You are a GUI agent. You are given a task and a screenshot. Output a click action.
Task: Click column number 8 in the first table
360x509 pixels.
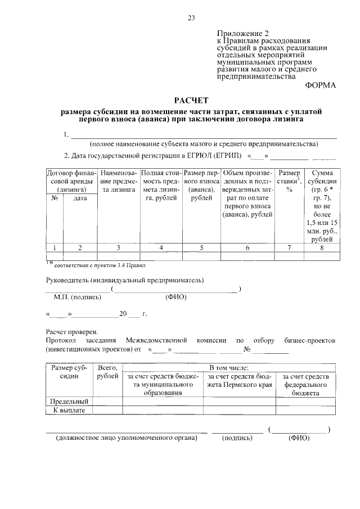pyautogui.click(x=321, y=247)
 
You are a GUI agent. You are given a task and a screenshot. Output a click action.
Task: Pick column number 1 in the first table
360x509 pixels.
pyautogui.click(x=55, y=247)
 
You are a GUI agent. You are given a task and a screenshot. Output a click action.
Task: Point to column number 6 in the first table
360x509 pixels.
pyautogui.click(x=247, y=247)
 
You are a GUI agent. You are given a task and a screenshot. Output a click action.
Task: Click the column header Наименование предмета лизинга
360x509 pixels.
pyautogui.click(x=118, y=182)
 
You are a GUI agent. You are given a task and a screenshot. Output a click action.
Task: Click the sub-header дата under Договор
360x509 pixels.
pyautogui.click(x=80, y=199)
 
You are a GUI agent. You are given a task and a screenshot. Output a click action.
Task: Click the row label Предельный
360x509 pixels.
pyautogui.click(x=69, y=402)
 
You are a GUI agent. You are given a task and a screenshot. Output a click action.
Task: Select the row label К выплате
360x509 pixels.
pyautogui.click(x=69, y=411)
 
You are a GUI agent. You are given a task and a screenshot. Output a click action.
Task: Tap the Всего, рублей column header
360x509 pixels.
pyautogui.click(x=107, y=372)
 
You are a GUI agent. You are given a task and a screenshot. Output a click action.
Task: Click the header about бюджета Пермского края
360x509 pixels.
pyautogui.click(x=239, y=381)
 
